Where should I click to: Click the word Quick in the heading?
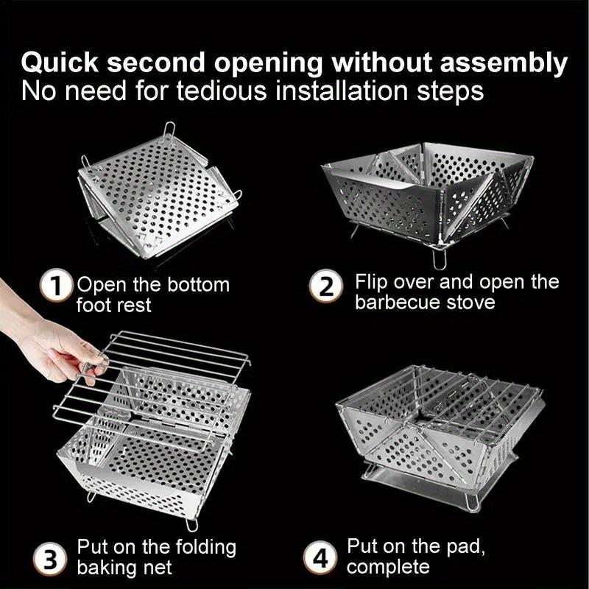point(60,63)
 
